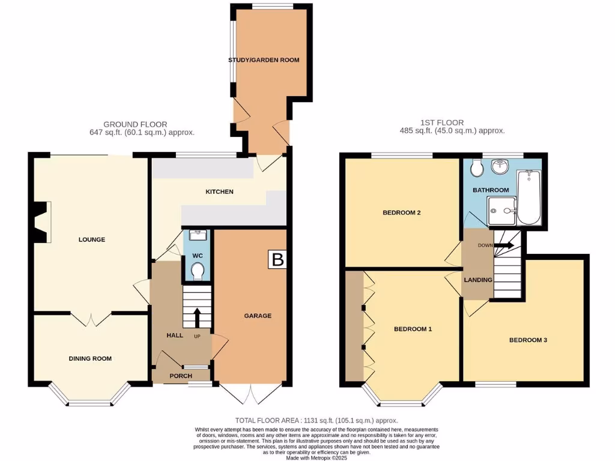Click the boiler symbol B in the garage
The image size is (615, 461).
click(277, 260)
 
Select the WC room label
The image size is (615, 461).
click(198, 256)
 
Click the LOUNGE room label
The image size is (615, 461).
click(92, 240)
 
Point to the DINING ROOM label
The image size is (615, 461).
click(91, 358)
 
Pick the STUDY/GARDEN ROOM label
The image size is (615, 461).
click(264, 60)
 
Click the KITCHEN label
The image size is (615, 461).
click(219, 191)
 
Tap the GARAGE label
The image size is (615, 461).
click(258, 316)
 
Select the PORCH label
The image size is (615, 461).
click(181, 376)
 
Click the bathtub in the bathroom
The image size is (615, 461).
click(528, 197)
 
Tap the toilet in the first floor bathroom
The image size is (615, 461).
click(477, 169)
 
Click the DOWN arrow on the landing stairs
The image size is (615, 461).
click(503, 245)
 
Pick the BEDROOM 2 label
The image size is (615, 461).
click(401, 212)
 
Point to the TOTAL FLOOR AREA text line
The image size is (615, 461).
click(317, 421)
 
